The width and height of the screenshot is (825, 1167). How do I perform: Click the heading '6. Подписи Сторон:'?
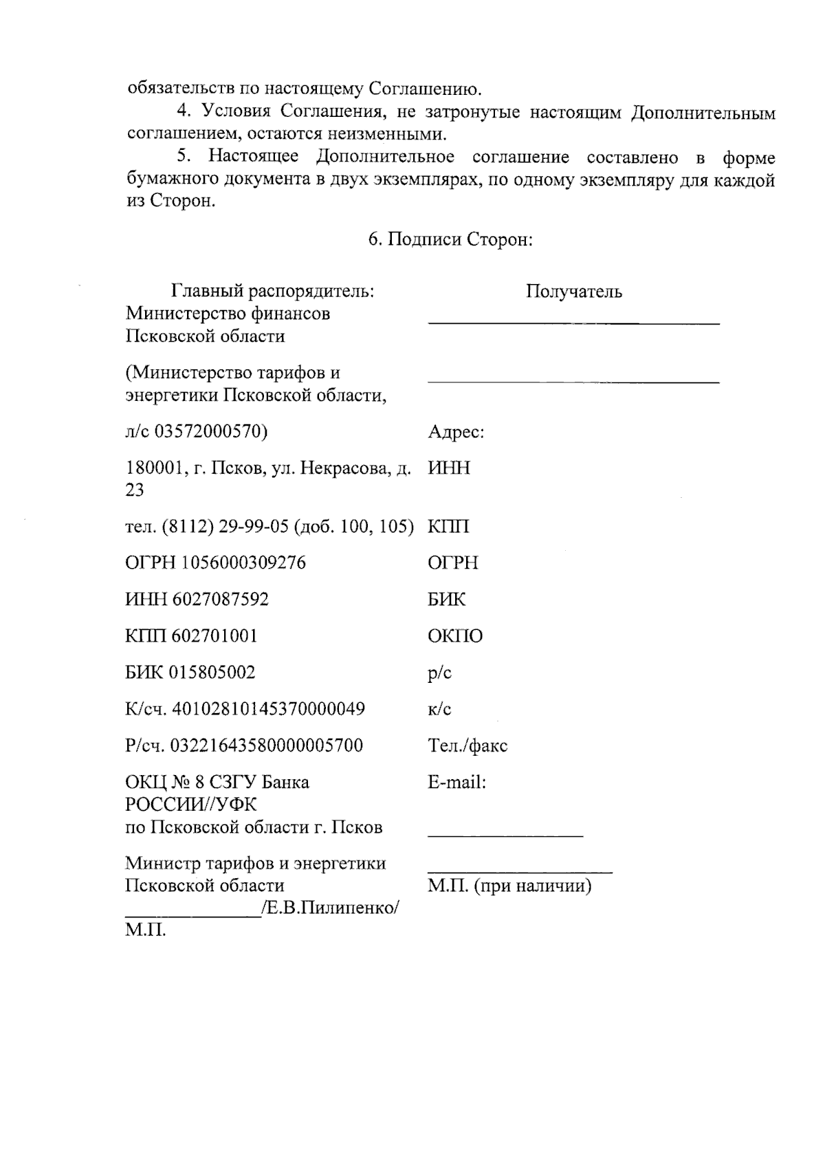click(x=450, y=239)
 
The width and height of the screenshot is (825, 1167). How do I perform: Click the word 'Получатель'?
click(x=574, y=292)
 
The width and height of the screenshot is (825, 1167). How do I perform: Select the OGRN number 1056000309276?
click(x=244, y=563)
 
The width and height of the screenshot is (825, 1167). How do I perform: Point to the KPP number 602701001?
click(x=214, y=636)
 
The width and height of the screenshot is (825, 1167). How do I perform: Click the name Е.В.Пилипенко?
click(x=329, y=908)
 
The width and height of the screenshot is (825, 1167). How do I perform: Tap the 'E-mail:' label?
click(x=456, y=783)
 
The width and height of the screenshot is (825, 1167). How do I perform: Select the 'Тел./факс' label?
click(x=467, y=745)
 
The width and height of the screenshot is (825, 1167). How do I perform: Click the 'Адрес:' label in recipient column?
click(x=456, y=433)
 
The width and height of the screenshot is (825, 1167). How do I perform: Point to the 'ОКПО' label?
click(x=455, y=636)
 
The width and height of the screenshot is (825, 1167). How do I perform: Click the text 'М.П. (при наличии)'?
click(x=509, y=886)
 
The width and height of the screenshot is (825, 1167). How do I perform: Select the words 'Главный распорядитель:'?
click(x=273, y=292)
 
